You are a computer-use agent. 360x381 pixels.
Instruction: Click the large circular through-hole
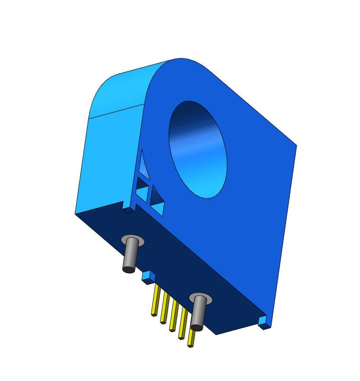(x=198, y=150)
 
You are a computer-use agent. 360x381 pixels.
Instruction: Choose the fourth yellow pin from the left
(x=183, y=324)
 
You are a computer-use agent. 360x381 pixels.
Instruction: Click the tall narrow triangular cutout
(x=143, y=164)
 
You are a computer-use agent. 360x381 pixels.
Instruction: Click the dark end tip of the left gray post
(x=128, y=270)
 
